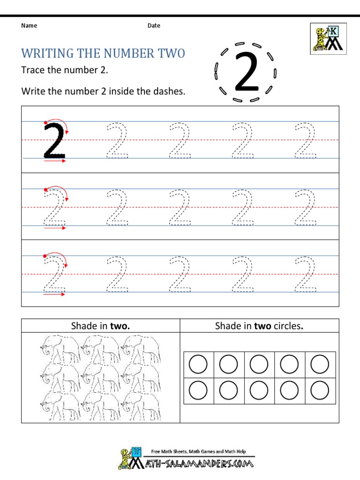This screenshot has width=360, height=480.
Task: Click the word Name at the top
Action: pyautogui.click(x=29, y=26)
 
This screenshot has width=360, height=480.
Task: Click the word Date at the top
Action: pyautogui.click(x=154, y=26)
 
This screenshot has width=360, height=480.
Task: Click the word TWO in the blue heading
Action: pyautogui.click(x=171, y=53)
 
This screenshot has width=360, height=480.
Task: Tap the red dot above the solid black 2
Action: pyautogui.click(x=45, y=123)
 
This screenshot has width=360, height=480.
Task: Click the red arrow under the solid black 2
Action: pyautogui.click(x=55, y=161)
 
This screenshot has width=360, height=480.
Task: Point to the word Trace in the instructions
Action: pyautogui.click(x=32, y=70)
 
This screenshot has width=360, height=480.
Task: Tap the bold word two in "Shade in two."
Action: pyautogui.click(x=120, y=326)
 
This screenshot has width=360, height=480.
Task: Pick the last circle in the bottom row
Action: pyautogui.click(x=320, y=390)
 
